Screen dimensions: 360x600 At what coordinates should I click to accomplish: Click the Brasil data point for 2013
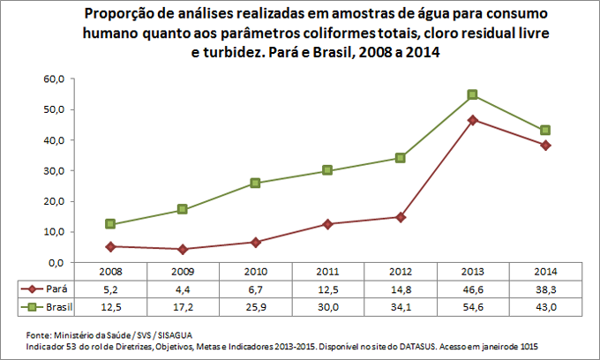pos(473,94)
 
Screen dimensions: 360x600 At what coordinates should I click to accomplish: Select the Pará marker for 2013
pos(473,119)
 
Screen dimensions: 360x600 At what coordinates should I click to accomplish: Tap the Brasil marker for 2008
pos(109,224)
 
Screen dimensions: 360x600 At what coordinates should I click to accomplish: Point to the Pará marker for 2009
pos(182,249)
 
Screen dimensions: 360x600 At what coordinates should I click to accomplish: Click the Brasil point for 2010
pos(255,183)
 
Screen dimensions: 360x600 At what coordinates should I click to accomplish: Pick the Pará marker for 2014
pos(545,145)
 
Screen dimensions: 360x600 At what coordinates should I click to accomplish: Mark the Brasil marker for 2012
pos(400,158)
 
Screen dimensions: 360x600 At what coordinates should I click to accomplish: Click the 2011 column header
pos(327,273)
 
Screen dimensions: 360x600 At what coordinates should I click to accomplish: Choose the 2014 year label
pos(545,273)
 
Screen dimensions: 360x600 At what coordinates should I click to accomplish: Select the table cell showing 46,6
pos(473,289)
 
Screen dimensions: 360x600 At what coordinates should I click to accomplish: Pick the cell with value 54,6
pos(473,306)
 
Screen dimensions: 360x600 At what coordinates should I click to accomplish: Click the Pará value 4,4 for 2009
pos(182,289)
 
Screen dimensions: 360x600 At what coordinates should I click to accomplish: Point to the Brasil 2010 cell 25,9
pos(255,306)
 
